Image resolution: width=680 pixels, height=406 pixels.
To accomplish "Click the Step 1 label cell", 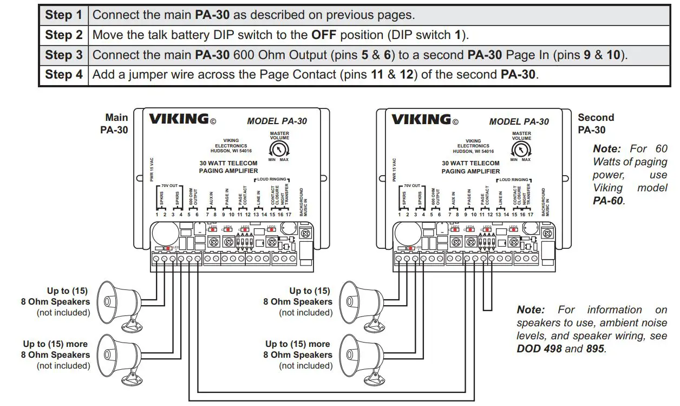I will pyautogui.click(x=64, y=15).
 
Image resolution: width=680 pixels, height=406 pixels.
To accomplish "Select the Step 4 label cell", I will pyautogui.click(x=64, y=74).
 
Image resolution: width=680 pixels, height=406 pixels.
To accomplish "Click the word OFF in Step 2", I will pyautogui.click(x=324, y=35).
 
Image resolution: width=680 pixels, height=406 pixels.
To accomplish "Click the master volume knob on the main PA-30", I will pyautogui.click(x=279, y=150).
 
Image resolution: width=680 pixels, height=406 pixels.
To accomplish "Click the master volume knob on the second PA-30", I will pyautogui.click(x=521, y=150).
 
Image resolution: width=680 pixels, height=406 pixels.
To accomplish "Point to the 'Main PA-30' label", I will pyautogui.click(x=115, y=124).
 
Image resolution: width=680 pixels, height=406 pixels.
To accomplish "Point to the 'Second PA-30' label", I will pyautogui.click(x=596, y=124).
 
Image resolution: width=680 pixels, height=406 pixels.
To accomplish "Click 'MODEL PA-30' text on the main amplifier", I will pyautogui.click(x=277, y=121).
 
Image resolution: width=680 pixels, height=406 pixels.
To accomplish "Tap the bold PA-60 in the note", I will pyautogui.click(x=609, y=201).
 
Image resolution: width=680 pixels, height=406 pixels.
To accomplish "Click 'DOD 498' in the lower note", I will pyautogui.click(x=539, y=349).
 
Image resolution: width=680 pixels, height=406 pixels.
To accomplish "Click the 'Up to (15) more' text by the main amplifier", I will pyautogui.click(x=55, y=344).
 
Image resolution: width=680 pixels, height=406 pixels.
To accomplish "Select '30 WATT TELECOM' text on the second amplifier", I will pyautogui.click(x=470, y=163).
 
